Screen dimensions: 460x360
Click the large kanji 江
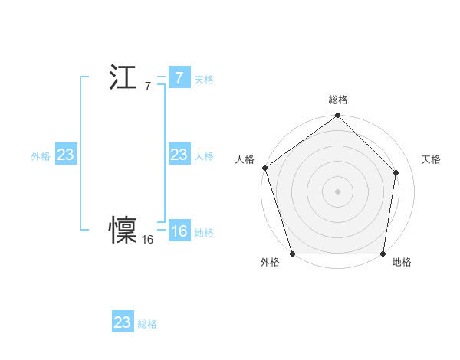tap(123, 77)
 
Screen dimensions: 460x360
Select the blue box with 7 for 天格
tap(179, 77)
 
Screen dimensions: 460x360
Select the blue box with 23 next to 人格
tap(179, 155)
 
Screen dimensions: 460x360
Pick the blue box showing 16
tap(179, 232)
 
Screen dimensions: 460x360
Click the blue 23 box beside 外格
tap(65, 155)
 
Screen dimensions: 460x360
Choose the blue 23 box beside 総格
tap(122, 322)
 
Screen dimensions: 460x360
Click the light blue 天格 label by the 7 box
tap(204, 80)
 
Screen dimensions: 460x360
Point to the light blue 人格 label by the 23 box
tap(204, 156)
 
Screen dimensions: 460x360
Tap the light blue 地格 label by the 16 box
tap(204, 233)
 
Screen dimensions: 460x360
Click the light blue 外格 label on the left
tap(41, 156)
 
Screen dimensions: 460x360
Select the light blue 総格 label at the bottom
tap(147, 324)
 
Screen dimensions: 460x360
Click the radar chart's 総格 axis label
tap(338, 100)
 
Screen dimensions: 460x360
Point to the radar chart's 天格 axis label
tap(432, 159)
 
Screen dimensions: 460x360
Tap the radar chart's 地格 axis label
tap(402, 262)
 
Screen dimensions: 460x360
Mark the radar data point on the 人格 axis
tap(264, 168)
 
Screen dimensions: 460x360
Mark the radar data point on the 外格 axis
tap(293, 254)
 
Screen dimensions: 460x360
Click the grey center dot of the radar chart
tap(338, 191)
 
